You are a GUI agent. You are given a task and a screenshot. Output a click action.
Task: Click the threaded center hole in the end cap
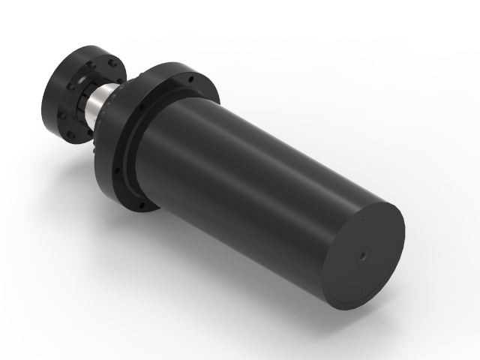tap(361, 256)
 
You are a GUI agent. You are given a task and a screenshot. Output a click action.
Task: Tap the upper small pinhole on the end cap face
tap(363, 222)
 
